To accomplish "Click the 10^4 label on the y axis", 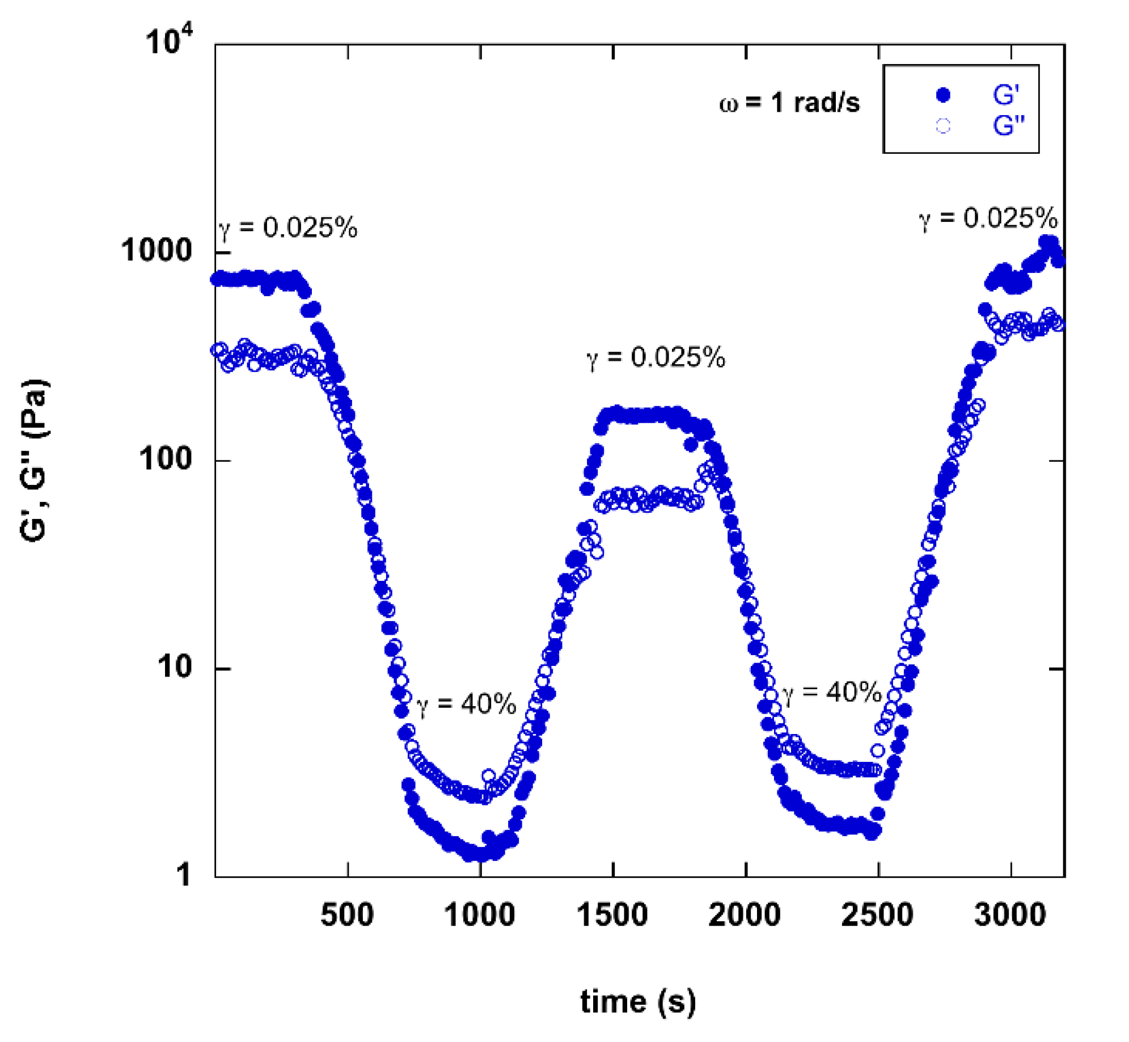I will coord(168,41).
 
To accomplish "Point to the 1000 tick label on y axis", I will coord(157,250).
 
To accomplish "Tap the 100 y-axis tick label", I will coord(166,458).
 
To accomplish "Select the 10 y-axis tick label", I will coord(175,666).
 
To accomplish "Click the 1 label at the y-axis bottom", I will coord(183,875).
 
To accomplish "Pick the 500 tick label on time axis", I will coord(347,915).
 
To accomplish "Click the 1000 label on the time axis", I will coord(480,915).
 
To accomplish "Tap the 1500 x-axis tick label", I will coord(612,915).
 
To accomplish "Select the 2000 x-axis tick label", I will coord(745,915).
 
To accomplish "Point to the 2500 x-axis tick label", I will coord(877,915).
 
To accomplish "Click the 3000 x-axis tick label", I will coord(1010,915).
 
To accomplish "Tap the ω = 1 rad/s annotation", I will coord(789,103).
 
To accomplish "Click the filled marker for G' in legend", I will coord(942,95).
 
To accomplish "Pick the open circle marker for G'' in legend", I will coord(942,126).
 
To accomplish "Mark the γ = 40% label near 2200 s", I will coord(831,693).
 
